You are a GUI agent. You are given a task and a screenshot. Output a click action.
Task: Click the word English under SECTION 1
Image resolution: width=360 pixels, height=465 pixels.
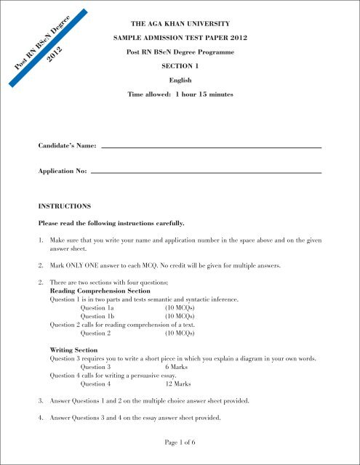[x=180, y=81]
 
